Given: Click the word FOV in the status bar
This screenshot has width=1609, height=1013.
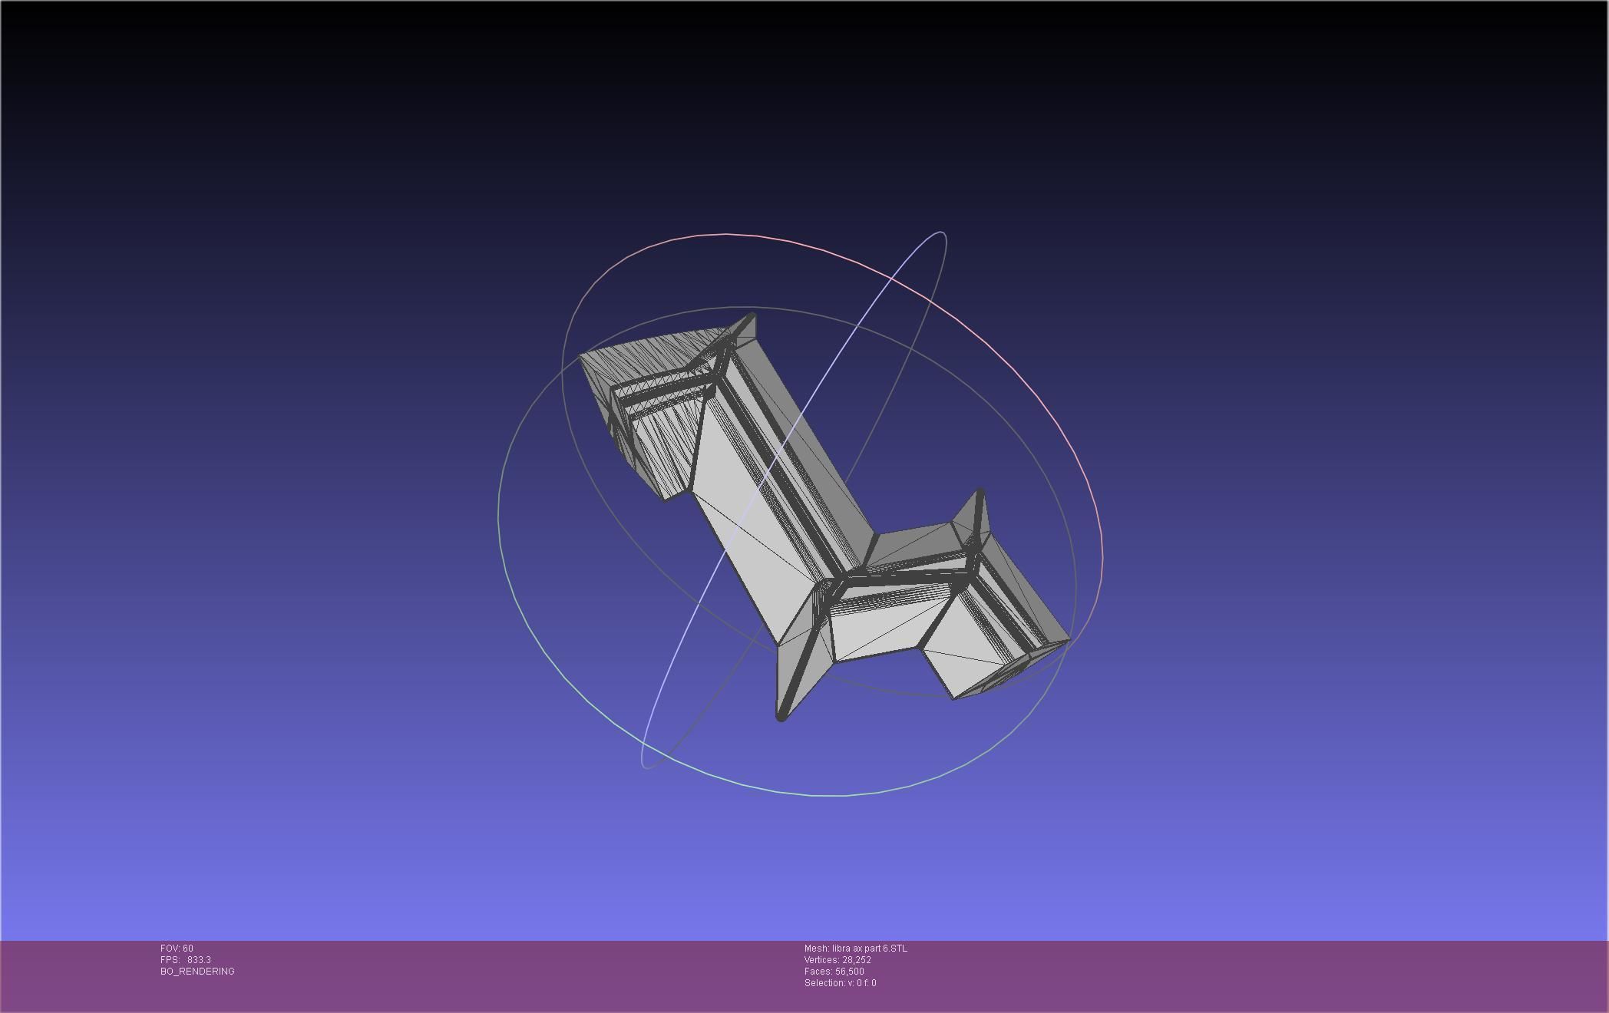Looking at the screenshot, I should [x=170, y=949].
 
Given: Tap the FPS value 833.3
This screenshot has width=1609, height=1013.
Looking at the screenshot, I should [x=199, y=960].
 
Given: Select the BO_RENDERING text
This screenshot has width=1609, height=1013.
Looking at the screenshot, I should [x=197, y=972].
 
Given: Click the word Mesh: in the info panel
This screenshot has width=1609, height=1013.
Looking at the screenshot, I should [x=817, y=949].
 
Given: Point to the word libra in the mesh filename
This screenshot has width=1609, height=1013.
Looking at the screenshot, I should [x=842, y=949].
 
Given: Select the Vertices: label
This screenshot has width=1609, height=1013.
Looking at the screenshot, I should [x=821, y=960].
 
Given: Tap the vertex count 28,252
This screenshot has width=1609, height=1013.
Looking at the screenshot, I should [x=857, y=960].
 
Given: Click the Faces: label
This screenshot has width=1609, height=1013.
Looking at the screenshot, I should [x=818, y=972].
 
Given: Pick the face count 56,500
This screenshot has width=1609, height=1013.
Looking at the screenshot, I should [x=850, y=972].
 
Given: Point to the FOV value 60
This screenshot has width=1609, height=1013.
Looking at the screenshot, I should [x=188, y=949].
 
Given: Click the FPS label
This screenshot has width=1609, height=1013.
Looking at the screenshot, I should [x=170, y=960].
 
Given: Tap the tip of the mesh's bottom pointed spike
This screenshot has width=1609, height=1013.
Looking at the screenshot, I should [x=781, y=718].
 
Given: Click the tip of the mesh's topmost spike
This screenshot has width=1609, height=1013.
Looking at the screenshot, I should [x=751, y=315].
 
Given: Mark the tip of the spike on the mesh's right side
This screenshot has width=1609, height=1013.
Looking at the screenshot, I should [x=980, y=491].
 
